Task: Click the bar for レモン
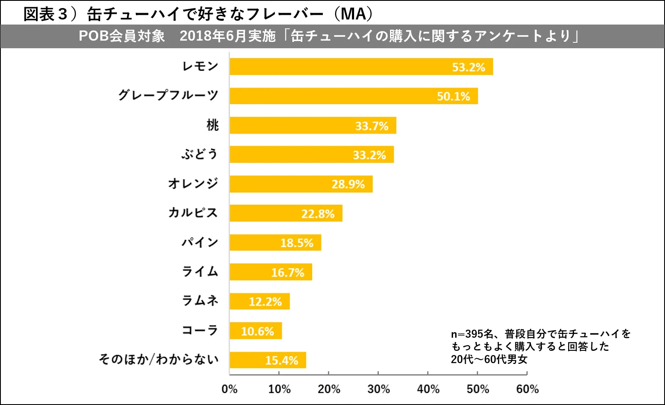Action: pyautogui.click(x=361, y=67)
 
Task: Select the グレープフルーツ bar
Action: pyautogui.click(x=354, y=96)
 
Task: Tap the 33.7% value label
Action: pyautogui.click(x=371, y=126)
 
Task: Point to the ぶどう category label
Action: pyautogui.click(x=200, y=154)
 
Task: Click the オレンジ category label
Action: pyautogui.click(x=193, y=184)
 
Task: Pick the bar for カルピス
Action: pyautogui.click(x=286, y=213)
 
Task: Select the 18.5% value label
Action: pyautogui.click(x=297, y=243)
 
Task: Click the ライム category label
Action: pyautogui.click(x=200, y=272)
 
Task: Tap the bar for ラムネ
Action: pyautogui.click(x=259, y=301)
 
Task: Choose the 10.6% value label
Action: pyautogui.click(x=257, y=331)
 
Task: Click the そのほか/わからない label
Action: pyautogui.click(x=159, y=360)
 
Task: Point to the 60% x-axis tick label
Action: pyautogui.click(x=527, y=389)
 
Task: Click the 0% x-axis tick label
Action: pyautogui.click(x=229, y=389)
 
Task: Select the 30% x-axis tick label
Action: pyautogui.click(x=378, y=389)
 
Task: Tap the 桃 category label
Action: pyautogui.click(x=212, y=125)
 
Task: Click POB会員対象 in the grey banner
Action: pyautogui.click(x=122, y=36)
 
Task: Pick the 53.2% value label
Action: pyautogui.click(x=468, y=67)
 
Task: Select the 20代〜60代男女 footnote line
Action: pyautogui.click(x=489, y=359)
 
